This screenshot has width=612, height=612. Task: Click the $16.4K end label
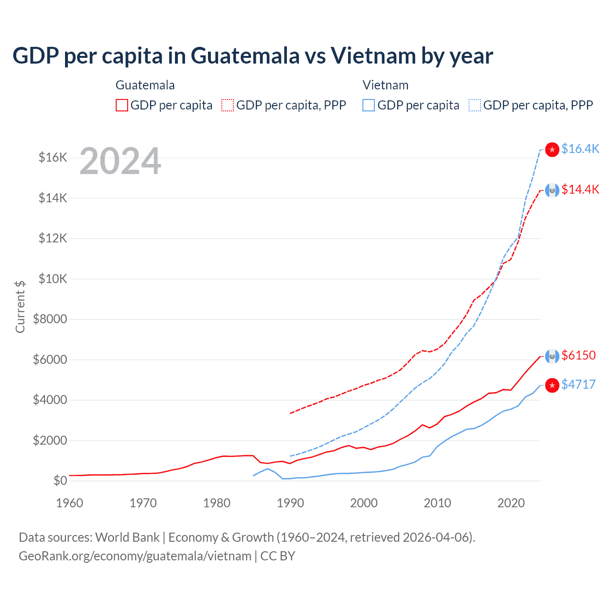580,149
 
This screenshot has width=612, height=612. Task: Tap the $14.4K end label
580,189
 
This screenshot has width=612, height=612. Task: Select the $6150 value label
579,355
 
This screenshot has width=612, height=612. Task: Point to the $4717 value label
579,384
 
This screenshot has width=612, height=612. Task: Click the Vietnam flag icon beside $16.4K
552,150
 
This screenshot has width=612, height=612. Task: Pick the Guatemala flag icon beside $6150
552,356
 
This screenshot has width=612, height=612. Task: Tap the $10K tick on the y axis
53,279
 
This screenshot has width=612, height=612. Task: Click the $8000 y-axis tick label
50,319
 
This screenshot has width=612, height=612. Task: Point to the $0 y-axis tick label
60,481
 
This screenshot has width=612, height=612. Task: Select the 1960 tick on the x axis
70,503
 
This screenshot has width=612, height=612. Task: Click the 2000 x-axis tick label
364,503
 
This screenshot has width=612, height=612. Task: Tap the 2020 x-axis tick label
511,503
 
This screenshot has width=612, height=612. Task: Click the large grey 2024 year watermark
120,161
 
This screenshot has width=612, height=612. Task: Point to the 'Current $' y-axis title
20,306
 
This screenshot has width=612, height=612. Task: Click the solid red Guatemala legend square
122,105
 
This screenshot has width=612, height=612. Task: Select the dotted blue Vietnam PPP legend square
475,105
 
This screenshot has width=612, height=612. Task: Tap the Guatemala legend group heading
145,85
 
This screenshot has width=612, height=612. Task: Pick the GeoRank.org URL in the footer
135,556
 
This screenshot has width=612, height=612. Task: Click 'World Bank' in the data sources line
127,537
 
